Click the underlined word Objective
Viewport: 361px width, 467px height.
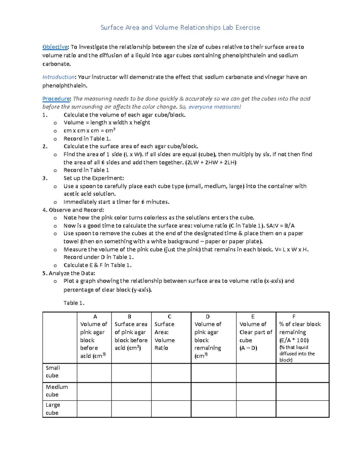55,47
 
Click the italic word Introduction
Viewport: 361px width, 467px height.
58,77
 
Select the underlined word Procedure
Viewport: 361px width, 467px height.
56,99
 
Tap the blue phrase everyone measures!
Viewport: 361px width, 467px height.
214,107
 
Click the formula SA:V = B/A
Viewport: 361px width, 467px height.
280,226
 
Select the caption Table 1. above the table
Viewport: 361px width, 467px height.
74,303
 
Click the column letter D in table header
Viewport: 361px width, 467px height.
208,317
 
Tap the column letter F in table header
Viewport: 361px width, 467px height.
294,317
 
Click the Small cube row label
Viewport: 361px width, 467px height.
53,372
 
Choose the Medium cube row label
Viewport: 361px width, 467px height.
57,391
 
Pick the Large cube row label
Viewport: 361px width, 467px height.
53,409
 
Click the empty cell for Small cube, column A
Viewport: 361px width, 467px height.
94,373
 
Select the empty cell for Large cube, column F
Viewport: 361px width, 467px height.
302,409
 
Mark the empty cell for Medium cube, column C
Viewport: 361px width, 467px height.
171,391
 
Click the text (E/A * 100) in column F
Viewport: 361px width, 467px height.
294,340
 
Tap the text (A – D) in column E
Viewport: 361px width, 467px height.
248,348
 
